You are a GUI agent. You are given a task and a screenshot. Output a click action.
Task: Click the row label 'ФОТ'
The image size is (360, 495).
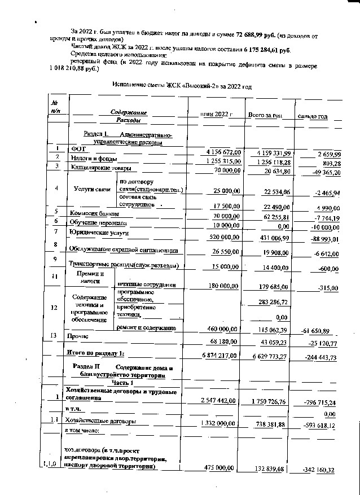(77, 149)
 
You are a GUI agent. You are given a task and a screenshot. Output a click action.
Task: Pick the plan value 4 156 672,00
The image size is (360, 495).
(223, 152)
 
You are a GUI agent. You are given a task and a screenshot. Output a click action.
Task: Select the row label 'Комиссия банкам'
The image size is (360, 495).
(94, 214)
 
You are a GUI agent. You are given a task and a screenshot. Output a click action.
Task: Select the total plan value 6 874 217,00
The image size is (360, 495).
(222, 356)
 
